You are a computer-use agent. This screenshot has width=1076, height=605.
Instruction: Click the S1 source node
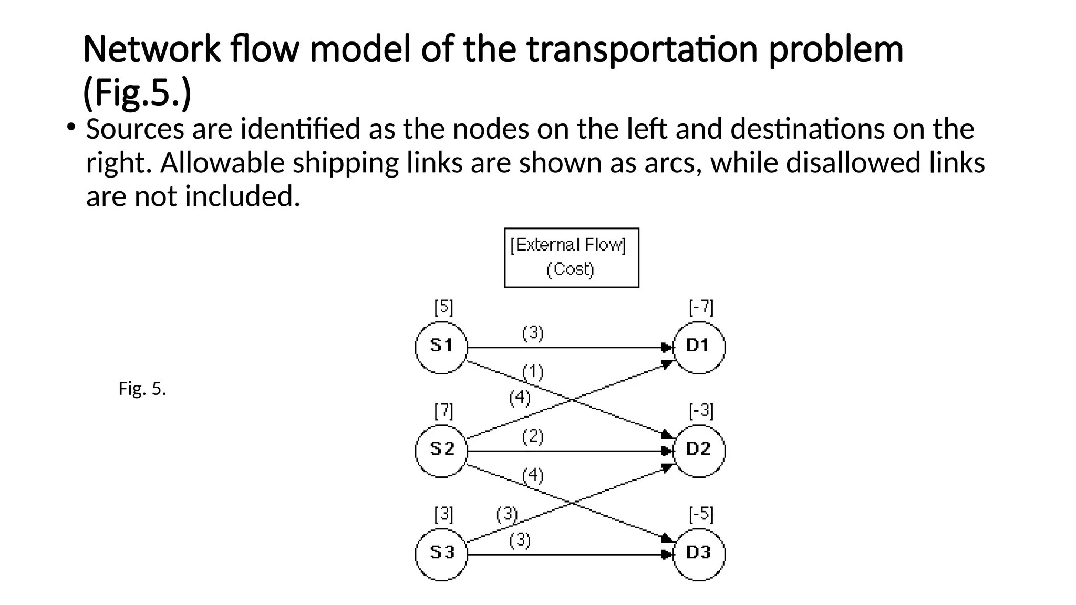(x=441, y=347)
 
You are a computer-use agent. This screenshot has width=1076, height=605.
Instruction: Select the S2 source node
(x=441, y=451)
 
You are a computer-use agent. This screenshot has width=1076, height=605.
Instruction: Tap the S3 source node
(x=441, y=554)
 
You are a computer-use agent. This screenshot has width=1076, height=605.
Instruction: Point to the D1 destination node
(x=699, y=347)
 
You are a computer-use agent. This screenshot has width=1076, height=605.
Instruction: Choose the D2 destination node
(x=699, y=451)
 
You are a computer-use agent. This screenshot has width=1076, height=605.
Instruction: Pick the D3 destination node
(x=699, y=554)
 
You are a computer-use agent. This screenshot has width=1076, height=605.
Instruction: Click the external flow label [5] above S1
(x=443, y=307)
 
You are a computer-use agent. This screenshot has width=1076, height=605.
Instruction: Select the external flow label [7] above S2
(x=443, y=411)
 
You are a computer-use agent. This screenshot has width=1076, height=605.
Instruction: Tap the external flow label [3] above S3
(x=443, y=515)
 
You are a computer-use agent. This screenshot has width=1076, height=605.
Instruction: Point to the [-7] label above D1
(x=701, y=307)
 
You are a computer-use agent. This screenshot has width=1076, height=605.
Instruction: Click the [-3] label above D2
(x=701, y=411)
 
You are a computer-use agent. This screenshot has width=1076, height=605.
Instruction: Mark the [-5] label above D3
(x=701, y=515)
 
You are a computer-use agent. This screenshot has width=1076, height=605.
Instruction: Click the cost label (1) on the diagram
(x=533, y=372)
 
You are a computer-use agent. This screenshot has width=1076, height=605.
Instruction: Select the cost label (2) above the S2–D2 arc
(x=533, y=437)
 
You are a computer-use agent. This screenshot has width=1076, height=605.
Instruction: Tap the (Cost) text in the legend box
(x=570, y=270)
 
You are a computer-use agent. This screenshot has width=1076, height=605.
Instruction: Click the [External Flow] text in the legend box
(x=568, y=245)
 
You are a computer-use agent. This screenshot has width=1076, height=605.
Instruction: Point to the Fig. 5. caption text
(x=142, y=389)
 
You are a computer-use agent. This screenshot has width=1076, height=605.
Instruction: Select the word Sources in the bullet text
(x=135, y=129)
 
